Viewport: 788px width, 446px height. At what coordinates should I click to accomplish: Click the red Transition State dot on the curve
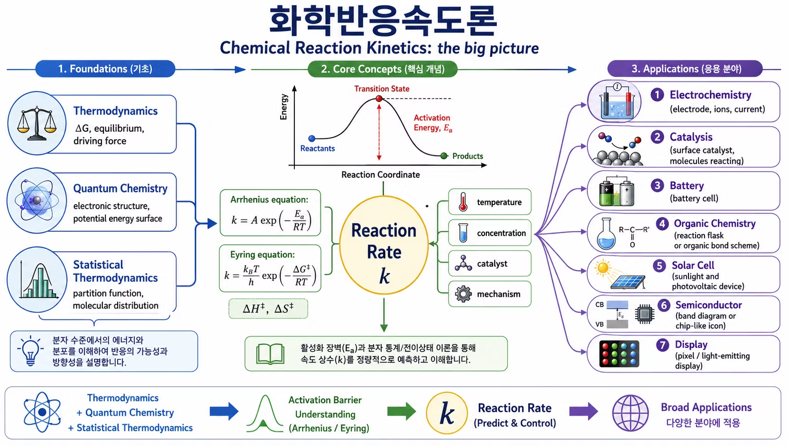coord(379,99)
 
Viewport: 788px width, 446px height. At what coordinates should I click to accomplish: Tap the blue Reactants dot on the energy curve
coord(312,138)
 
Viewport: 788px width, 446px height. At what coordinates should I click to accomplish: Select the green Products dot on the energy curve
coord(444,156)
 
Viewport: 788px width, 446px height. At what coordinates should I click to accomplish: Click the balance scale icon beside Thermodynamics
coord(37,123)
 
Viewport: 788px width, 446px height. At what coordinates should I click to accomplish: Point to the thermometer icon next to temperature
coord(463,202)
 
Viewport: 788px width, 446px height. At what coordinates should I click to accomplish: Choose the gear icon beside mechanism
coord(463,294)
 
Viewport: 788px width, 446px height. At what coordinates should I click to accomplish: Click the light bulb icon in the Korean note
coord(30,351)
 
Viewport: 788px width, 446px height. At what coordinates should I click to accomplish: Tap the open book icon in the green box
coord(270,354)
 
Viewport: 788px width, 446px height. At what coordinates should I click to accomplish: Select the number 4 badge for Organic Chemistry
coord(662,224)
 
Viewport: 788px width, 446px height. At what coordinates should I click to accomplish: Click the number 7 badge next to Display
coord(663,345)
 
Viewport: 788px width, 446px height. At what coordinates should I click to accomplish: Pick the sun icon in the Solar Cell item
coord(603,268)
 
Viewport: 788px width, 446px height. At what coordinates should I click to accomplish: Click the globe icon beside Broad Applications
coord(631,413)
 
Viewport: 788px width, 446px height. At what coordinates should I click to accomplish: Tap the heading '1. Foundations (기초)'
coord(105,69)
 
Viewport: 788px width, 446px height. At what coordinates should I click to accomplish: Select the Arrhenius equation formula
coord(271,220)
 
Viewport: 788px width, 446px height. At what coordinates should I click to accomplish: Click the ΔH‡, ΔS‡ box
coord(268,309)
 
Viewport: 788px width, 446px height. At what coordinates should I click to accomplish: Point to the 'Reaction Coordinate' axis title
coord(381,174)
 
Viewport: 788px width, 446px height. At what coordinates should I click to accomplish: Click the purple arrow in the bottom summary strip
coord(584,411)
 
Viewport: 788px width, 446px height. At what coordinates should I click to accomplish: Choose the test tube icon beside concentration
coord(463,233)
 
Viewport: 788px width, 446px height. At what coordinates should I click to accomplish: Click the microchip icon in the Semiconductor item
coord(645,314)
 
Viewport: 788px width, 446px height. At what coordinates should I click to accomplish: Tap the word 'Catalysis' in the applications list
coord(691,137)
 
